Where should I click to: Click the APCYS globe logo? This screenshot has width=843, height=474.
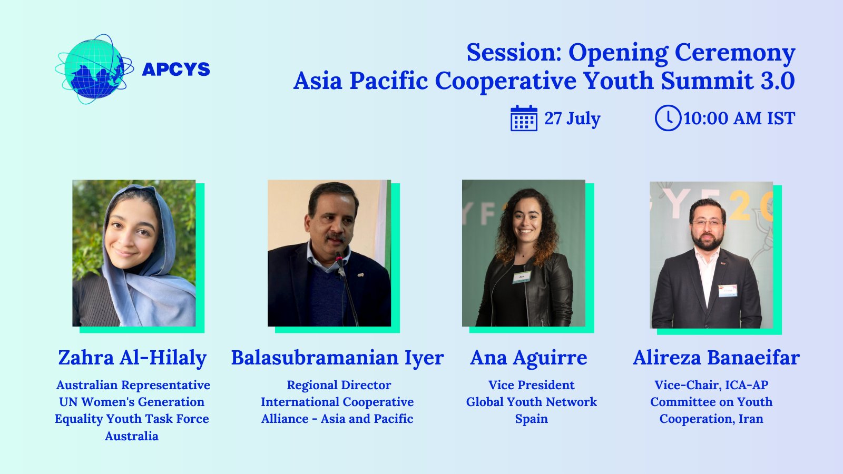tap(94, 69)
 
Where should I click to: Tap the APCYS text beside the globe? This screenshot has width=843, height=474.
tap(176, 69)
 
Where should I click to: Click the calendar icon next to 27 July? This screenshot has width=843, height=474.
tap(524, 118)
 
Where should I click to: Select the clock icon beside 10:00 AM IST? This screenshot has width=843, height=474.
tap(668, 118)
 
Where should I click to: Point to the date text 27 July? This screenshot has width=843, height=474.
tap(572, 118)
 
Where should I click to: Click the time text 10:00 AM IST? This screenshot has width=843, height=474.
tap(739, 118)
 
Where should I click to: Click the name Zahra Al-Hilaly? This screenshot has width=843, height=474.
tap(132, 358)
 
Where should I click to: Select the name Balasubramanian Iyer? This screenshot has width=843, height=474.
tap(337, 358)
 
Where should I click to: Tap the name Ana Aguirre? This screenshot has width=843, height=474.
tap(528, 358)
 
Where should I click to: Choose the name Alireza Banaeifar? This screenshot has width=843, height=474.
tap(716, 358)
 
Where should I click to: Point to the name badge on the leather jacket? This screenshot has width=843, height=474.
tap(522, 277)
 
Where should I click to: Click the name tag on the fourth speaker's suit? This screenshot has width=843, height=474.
tap(728, 291)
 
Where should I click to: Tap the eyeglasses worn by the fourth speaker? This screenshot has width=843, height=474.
tap(708, 223)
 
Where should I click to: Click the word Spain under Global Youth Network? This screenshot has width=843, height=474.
tap(532, 419)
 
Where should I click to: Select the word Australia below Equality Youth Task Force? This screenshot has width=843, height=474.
tap(132, 436)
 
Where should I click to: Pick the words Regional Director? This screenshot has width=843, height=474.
tap(339, 385)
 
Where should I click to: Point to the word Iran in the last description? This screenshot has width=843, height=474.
tap(751, 419)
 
